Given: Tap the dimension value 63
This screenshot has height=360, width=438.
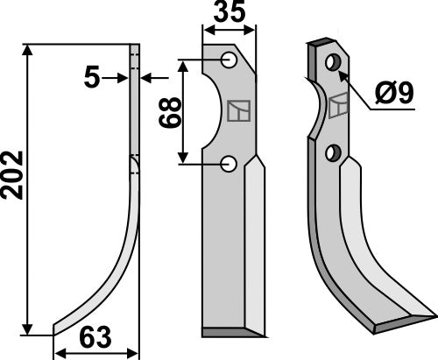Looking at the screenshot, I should pos(95,337).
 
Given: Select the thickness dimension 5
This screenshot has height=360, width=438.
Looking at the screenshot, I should pos(91,78).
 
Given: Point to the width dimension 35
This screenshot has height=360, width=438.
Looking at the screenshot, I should pos(230,14).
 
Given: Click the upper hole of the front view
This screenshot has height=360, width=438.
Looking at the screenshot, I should pos(228,60).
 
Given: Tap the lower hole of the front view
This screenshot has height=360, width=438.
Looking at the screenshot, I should pos(228,163).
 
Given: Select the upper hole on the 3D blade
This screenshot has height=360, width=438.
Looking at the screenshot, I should pos(332,62).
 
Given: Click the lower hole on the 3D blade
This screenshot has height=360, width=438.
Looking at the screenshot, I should pos(332,153).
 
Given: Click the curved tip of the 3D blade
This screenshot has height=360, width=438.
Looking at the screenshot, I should pos(412,316).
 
